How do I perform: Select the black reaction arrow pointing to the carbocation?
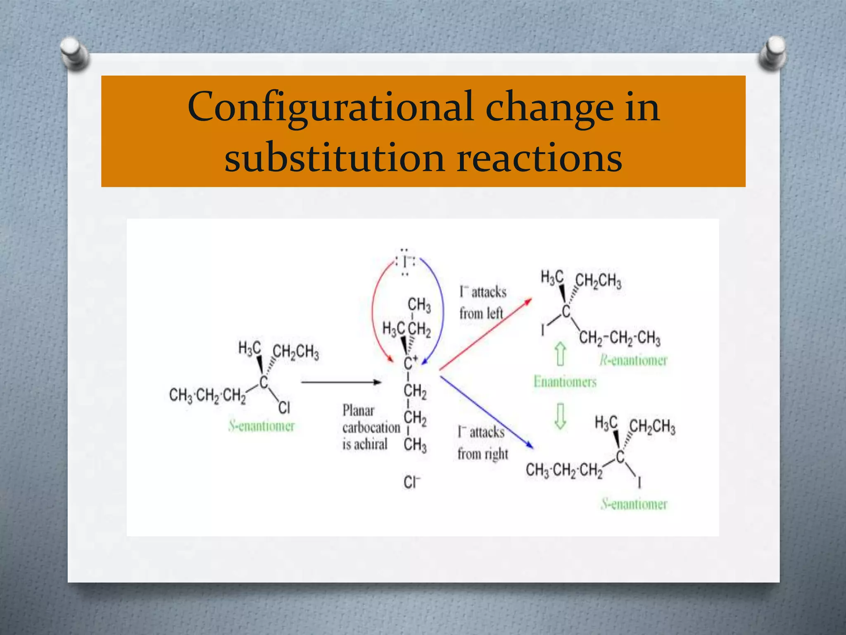click(x=341, y=382)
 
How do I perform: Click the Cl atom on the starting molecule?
click(x=284, y=408)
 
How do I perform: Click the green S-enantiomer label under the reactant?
click(x=261, y=426)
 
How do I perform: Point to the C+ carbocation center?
click(x=410, y=363)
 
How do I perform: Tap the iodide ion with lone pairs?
click(x=406, y=262)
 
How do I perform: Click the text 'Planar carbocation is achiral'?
click(x=371, y=427)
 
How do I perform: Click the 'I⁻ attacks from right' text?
click(x=482, y=443)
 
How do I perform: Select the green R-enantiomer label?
click(x=633, y=360)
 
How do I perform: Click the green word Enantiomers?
click(x=565, y=381)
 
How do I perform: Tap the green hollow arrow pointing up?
click(x=560, y=354)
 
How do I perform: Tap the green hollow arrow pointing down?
click(x=560, y=416)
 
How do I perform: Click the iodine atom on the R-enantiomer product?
click(x=543, y=330)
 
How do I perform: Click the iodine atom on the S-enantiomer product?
click(x=639, y=482)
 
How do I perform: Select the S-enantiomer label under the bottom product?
click(x=634, y=504)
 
